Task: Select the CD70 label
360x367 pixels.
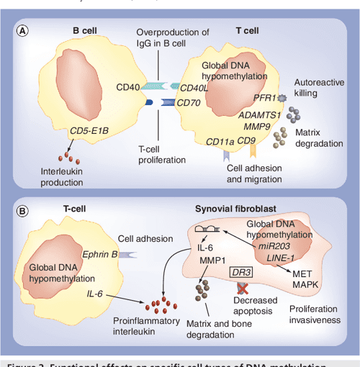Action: click(x=188, y=103)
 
